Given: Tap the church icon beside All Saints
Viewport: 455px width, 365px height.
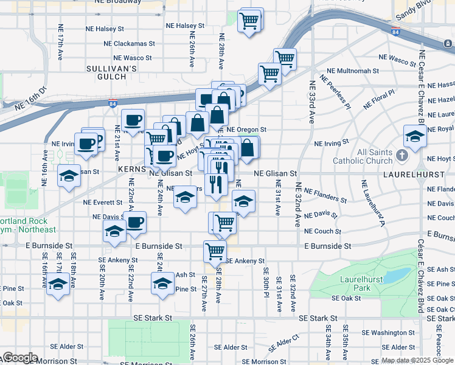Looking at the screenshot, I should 401,156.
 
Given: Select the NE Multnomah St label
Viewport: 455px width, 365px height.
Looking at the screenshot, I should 353,71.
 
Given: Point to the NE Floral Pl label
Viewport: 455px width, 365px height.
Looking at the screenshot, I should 379,98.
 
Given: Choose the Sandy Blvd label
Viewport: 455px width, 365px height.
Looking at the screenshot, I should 413,8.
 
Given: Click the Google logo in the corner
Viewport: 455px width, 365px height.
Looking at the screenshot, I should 19,358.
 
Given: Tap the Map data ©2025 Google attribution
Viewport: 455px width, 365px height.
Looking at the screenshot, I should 417,360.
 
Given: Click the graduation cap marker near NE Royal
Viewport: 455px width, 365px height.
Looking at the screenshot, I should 414,136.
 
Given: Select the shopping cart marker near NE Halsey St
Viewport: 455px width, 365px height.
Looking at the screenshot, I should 250,20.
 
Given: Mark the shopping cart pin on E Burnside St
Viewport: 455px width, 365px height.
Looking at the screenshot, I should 215,249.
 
